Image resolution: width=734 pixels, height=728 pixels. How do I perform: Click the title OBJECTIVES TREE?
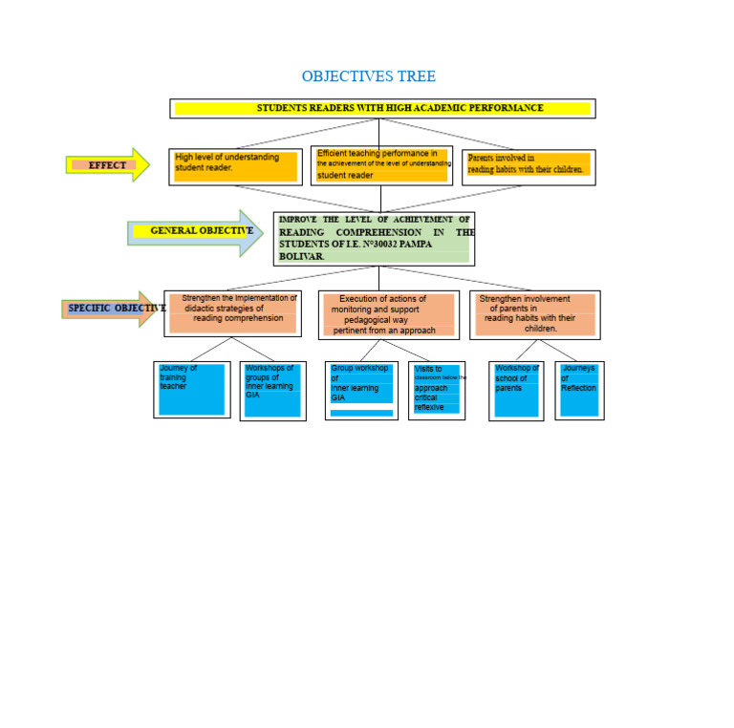pyautogui.click(x=368, y=76)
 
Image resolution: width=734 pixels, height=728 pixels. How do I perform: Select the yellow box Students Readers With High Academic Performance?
pyautogui.click(x=382, y=109)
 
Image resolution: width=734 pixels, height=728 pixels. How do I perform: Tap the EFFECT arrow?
pyautogui.click(x=107, y=165)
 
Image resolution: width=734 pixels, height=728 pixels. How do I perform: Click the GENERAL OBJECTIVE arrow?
pyautogui.click(x=195, y=231)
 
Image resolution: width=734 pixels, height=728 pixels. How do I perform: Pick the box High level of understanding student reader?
pyautogui.click(x=235, y=167)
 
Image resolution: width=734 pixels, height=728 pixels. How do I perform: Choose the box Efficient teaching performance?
pyautogui.click(x=381, y=164)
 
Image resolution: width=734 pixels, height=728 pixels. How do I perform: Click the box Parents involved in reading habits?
pyautogui.click(x=528, y=166)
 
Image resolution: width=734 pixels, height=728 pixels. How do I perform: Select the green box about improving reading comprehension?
pyautogui.click(x=374, y=239)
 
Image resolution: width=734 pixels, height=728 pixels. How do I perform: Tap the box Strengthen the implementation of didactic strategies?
pyautogui.click(x=232, y=313)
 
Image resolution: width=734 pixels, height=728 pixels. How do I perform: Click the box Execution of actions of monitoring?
pyautogui.click(x=388, y=315)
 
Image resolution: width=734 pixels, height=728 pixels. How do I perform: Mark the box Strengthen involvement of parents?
pyautogui.click(x=534, y=314)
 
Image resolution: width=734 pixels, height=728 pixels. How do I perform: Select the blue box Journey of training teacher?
pyautogui.click(x=191, y=389)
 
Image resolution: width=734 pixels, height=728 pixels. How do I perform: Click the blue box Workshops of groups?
pyautogui.click(x=272, y=391)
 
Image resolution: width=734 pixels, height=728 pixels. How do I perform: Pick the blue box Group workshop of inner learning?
pyautogui.click(x=360, y=390)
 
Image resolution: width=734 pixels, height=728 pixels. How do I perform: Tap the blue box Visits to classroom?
pyautogui.click(x=436, y=390)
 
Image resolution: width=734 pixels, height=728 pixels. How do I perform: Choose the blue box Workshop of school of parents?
pyautogui.click(x=516, y=390)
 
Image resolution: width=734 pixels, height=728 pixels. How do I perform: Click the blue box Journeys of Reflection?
pyautogui.click(x=579, y=390)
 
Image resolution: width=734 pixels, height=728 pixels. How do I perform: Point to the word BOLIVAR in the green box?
pyautogui.click(x=301, y=257)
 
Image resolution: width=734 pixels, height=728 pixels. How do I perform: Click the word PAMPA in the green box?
pyautogui.click(x=413, y=245)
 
